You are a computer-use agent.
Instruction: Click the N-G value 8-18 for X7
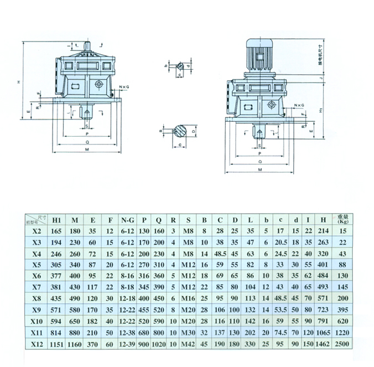(127, 287)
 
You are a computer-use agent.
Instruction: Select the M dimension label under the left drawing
(87, 149)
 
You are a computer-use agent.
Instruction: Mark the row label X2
(37, 230)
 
